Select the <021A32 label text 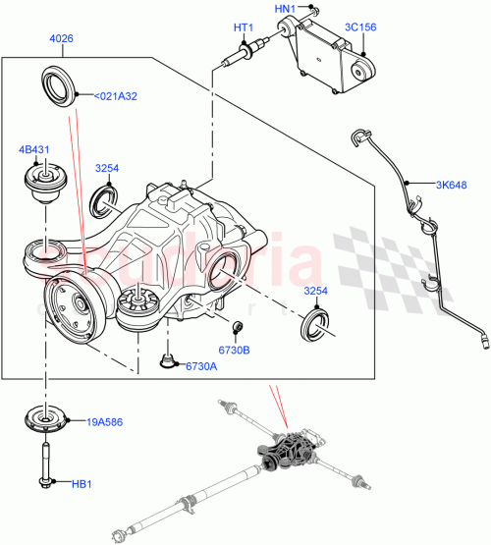(x=115, y=96)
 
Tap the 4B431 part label (x=33, y=150)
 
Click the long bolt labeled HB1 (x=45, y=463)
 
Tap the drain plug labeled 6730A (x=170, y=364)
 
